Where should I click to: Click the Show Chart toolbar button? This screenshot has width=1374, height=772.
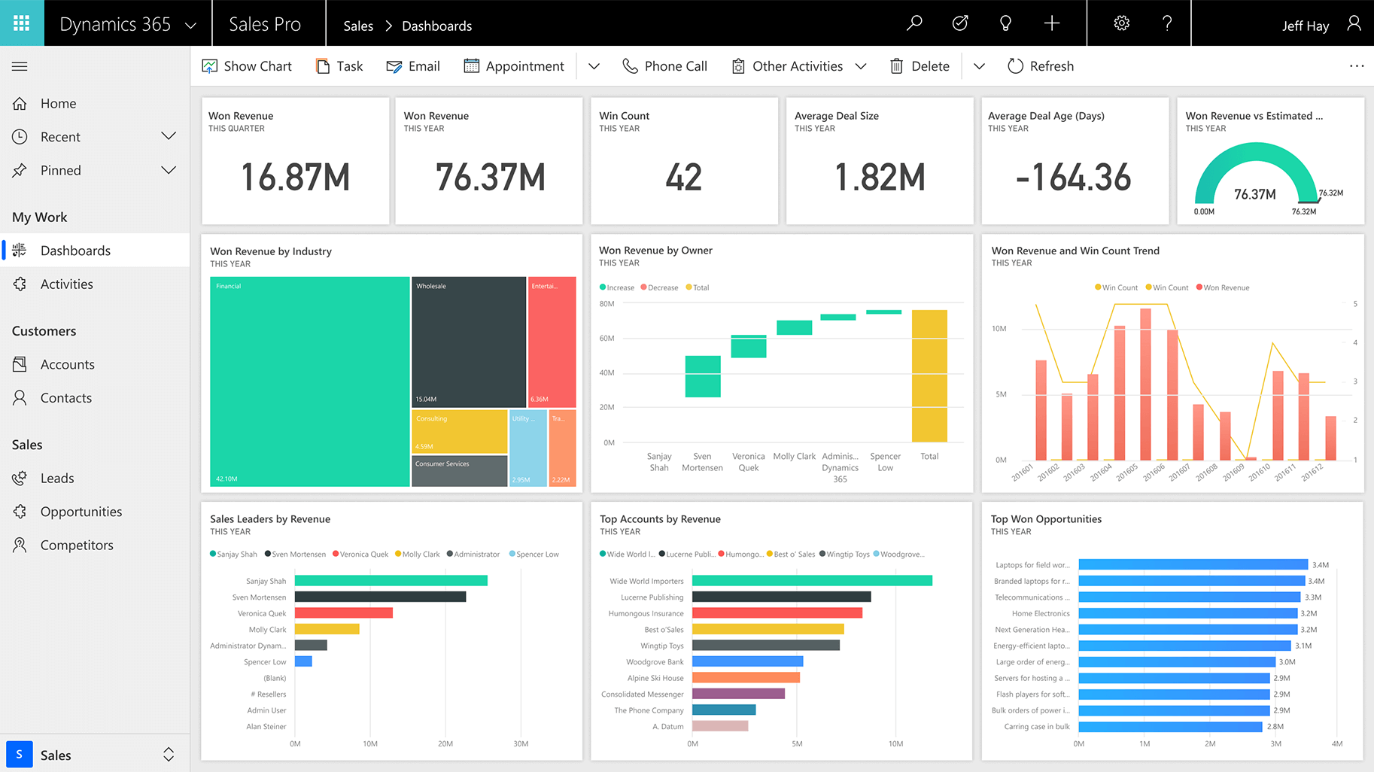(x=247, y=66)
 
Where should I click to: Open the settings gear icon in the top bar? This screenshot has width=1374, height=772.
(x=1121, y=23)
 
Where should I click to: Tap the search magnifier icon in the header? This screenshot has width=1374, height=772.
(x=914, y=23)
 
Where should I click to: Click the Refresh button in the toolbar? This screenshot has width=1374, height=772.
(x=1041, y=66)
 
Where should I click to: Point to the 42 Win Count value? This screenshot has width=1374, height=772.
(x=684, y=178)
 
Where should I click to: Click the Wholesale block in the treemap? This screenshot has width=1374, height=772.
(x=469, y=342)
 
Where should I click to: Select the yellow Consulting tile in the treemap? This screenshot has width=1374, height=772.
(x=460, y=431)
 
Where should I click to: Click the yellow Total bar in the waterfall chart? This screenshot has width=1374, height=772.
(x=929, y=376)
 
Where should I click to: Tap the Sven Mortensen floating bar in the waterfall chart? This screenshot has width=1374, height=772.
(x=703, y=376)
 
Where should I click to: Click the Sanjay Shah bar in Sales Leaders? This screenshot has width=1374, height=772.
(x=391, y=581)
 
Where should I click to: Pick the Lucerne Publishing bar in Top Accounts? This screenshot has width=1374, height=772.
(x=782, y=597)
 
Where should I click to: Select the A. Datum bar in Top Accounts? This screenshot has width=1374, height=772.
(x=720, y=726)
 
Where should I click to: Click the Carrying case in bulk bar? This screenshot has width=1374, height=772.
(x=1170, y=727)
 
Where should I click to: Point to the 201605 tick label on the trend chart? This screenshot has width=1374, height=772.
(x=1126, y=473)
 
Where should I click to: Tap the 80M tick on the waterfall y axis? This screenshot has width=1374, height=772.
(x=606, y=304)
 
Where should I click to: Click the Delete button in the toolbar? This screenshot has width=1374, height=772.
(x=920, y=66)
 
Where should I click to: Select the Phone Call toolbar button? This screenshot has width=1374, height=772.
(x=664, y=66)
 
